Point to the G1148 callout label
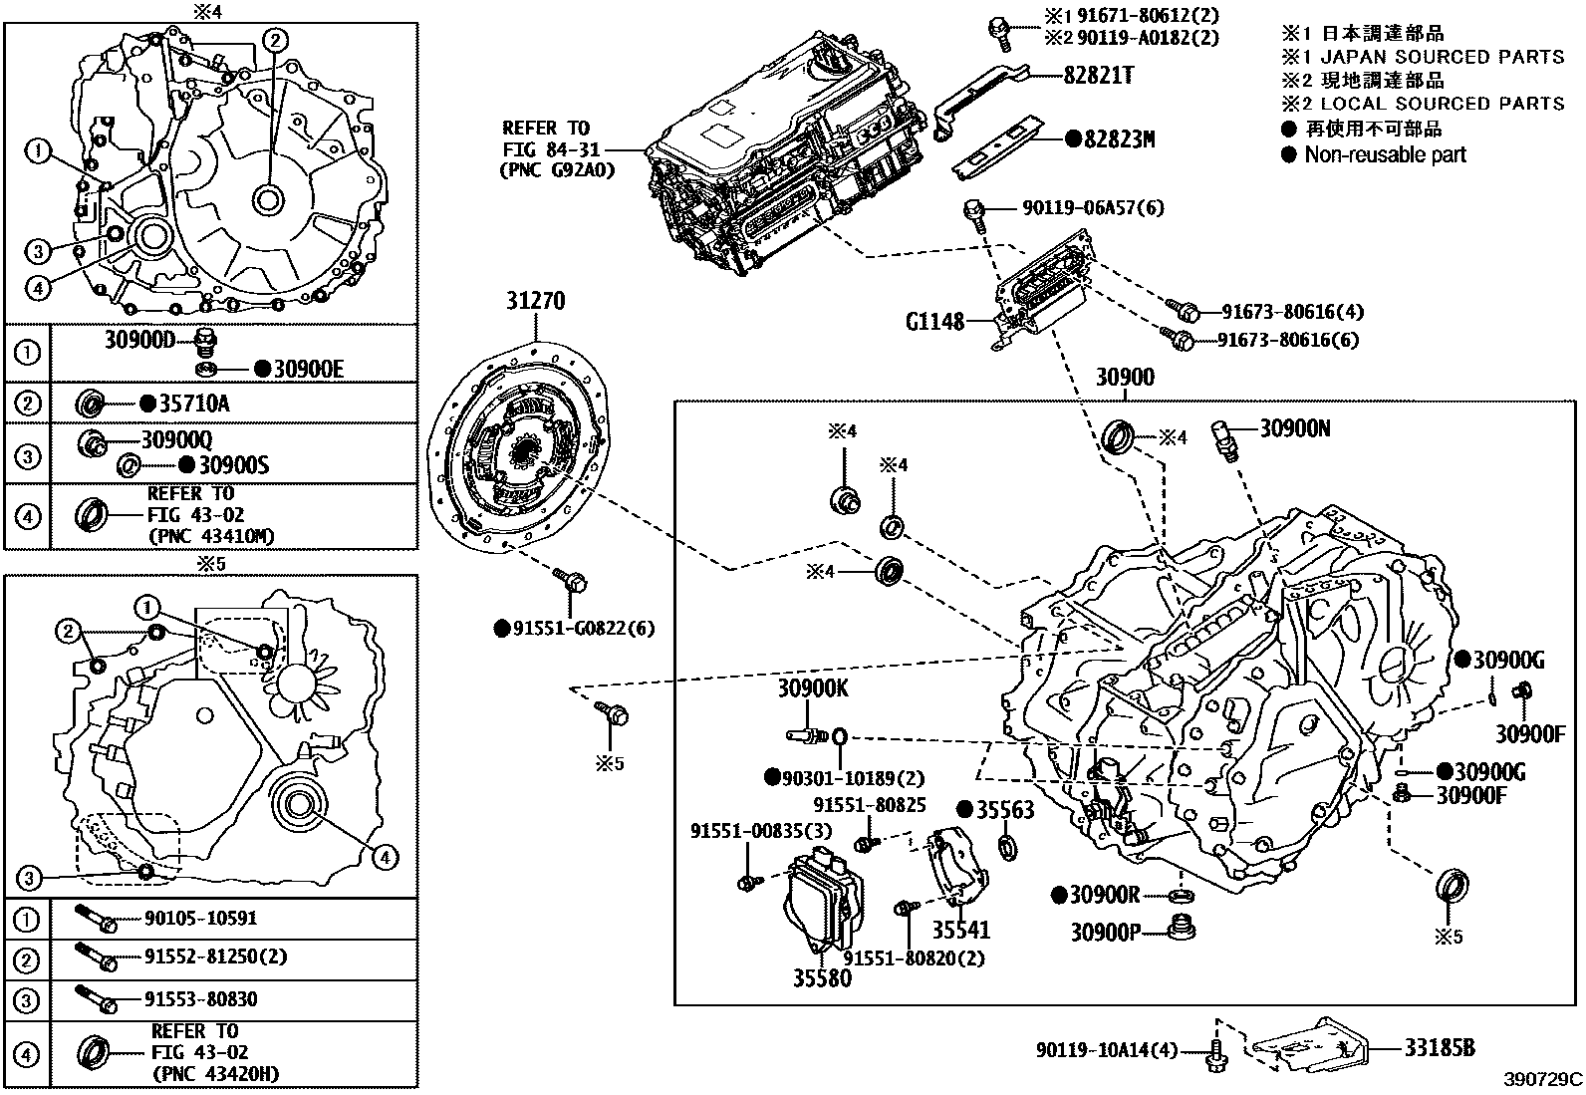click(934, 322)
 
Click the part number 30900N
click(1295, 427)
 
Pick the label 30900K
click(813, 688)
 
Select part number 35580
click(822, 977)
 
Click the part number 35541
click(961, 930)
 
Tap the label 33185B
click(1440, 1047)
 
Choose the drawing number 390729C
click(1543, 1078)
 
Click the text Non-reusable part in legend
click(1385, 154)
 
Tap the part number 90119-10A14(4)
click(1106, 1049)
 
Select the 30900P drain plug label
click(1104, 932)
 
